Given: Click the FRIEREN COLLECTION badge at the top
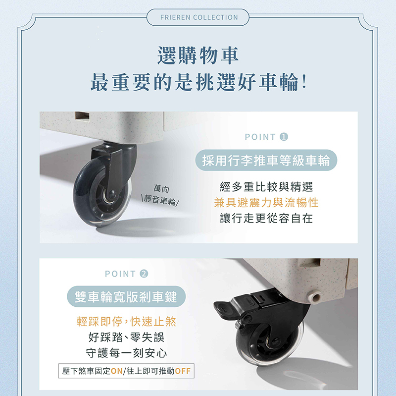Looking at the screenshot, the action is [x=198, y=17].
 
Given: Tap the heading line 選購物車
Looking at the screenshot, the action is [x=198, y=56].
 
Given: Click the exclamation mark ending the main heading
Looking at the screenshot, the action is [x=304, y=82].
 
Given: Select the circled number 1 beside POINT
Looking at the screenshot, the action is [x=284, y=137].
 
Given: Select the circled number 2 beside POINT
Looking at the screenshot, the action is [x=144, y=274].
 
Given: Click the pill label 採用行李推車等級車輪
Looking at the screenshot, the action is [x=266, y=160].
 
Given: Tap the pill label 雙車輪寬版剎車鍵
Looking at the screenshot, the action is [x=126, y=296].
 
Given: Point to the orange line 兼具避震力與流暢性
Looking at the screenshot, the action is [x=266, y=203].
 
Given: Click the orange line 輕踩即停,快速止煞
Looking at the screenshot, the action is [x=126, y=321].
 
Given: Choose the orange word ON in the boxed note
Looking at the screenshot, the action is [x=117, y=371].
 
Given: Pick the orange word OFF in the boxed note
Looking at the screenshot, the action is [x=183, y=371].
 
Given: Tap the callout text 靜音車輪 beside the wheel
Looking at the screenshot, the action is [x=160, y=201].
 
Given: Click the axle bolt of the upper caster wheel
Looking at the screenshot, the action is [x=112, y=194].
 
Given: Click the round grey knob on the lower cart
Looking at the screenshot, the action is [x=314, y=296].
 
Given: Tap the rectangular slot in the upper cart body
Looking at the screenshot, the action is [x=82, y=115].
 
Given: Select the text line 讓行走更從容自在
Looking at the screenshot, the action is [x=266, y=218].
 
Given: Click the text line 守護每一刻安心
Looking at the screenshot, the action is [x=126, y=353].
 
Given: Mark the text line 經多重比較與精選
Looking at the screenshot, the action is [x=266, y=187].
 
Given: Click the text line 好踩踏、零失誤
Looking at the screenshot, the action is [x=126, y=337].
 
